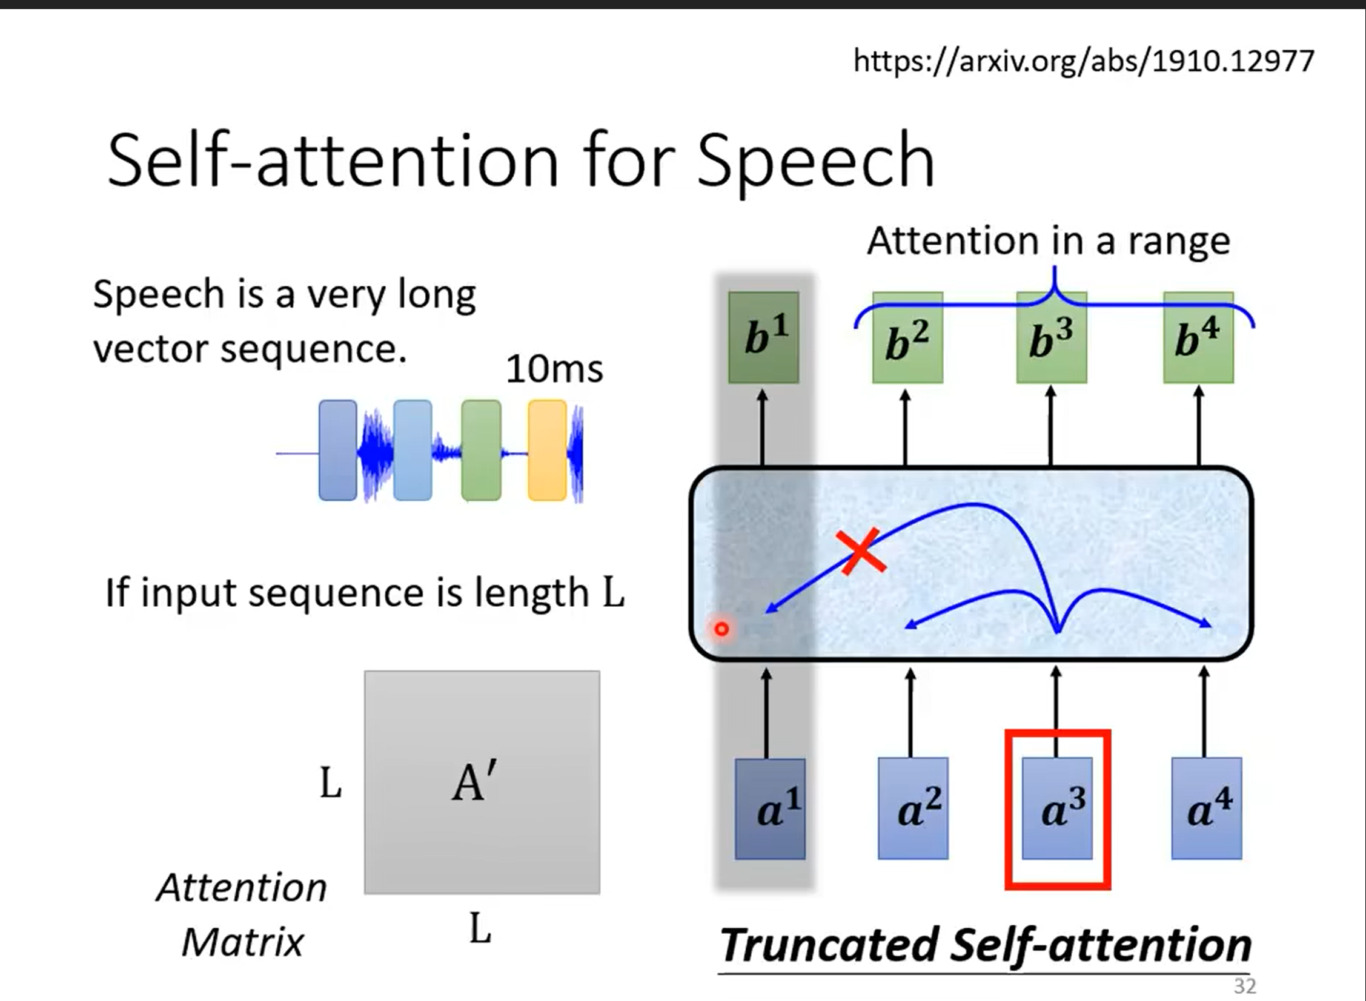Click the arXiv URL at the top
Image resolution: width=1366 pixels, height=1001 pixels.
point(1084,61)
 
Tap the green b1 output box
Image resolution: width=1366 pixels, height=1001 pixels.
point(764,337)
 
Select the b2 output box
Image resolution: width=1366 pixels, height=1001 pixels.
point(908,337)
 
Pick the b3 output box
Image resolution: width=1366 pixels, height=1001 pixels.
point(1052,337)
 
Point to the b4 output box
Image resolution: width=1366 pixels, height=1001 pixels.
point(1199,337)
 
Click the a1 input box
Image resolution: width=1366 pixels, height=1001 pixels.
point(771,808)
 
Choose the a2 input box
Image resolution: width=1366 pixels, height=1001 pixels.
point(913,808)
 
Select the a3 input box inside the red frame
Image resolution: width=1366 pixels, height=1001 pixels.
point(1058,808)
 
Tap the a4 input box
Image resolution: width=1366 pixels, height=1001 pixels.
point(1207,808)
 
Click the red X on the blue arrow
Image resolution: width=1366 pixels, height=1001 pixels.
point(861,550)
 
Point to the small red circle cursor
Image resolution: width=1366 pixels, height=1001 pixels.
point(722,629)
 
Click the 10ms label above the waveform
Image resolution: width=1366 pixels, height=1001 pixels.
point(554,369)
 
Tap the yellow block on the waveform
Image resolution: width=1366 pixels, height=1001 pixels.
point(547,450)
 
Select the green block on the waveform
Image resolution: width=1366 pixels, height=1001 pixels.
point(481,450)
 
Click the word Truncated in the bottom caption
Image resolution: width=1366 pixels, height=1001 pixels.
point(829,945)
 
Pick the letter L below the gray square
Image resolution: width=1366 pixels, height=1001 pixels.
point(480,929)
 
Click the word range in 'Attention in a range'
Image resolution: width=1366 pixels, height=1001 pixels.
point(1179,242)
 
